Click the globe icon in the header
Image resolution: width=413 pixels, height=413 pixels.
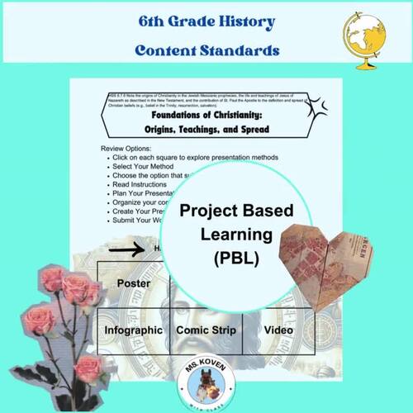(364, 34)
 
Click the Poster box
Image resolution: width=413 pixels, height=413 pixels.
(133, 283)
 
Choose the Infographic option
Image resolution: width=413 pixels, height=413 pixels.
(133, 330)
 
